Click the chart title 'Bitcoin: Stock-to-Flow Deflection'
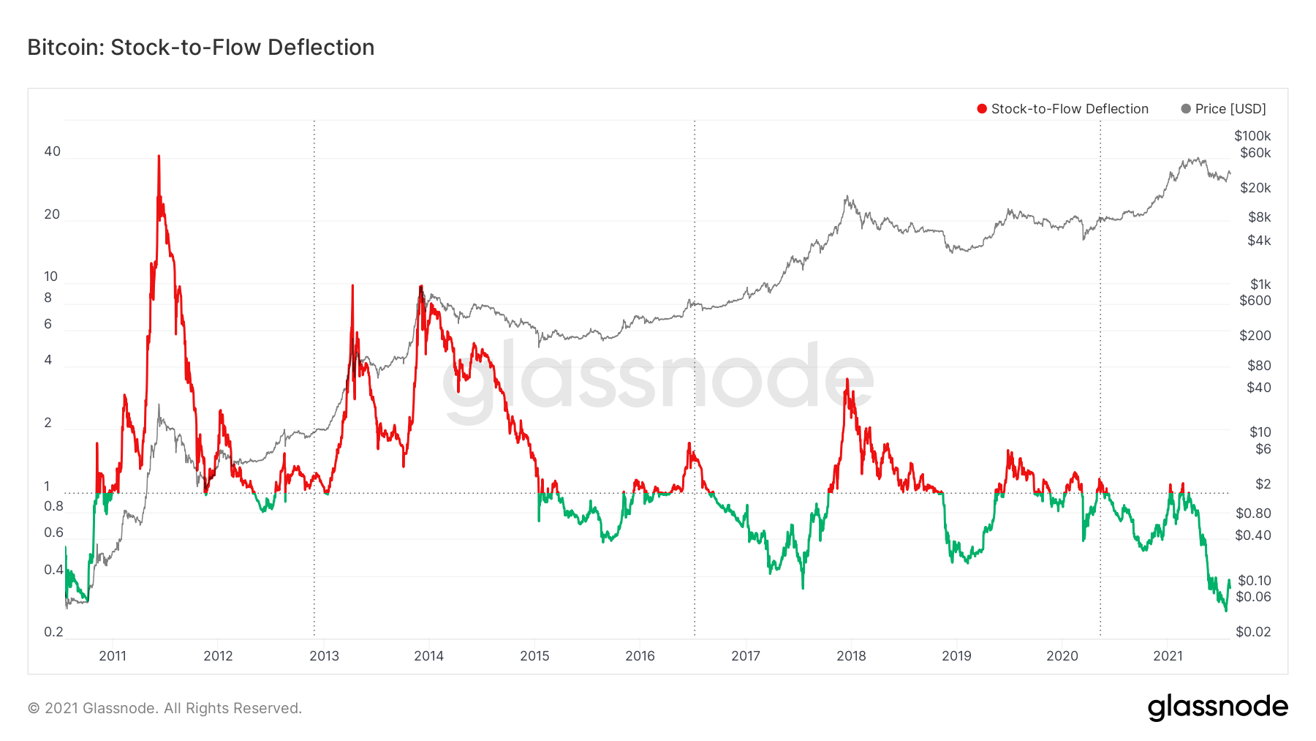click(200, 48)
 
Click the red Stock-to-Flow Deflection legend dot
click(982, 109)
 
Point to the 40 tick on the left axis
click(52, 151)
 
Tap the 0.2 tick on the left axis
click(53, 632)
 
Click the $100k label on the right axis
click(1252, 136)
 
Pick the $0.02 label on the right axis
click(1252, 632)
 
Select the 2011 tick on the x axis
click(113, 656)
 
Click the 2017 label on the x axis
click(745, 656)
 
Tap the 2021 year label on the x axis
click(1168, 656)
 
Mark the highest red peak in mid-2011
click(159, 157)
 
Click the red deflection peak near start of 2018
click(847, 380)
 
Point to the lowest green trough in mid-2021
click(1225, 610)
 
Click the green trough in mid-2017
click(803, 587)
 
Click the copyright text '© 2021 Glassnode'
click(164, 708)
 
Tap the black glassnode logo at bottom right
click(1217, 707)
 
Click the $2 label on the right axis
click(1263, 484)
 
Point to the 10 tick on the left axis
click(50, 277)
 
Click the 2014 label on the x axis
click(428, 656)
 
